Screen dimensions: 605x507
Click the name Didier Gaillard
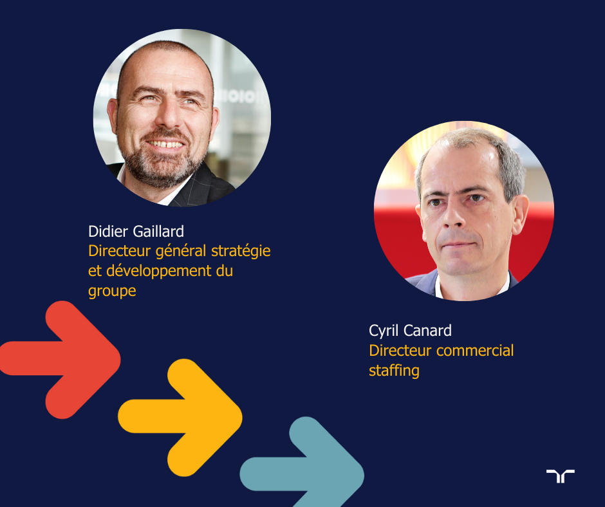point(136,232)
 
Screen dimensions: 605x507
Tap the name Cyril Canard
point(410,331)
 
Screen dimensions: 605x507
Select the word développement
point(159,272)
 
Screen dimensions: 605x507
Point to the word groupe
point(112,291)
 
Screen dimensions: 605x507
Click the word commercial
point(475,351)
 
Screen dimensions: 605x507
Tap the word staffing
point(394,371)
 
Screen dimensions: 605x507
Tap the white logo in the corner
point(560,475)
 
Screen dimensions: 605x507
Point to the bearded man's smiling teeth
point(167,144)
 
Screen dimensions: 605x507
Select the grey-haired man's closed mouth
point(458,244)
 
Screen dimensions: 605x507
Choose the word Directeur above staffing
point(400,351)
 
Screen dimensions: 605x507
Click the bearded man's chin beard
point(162,170)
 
